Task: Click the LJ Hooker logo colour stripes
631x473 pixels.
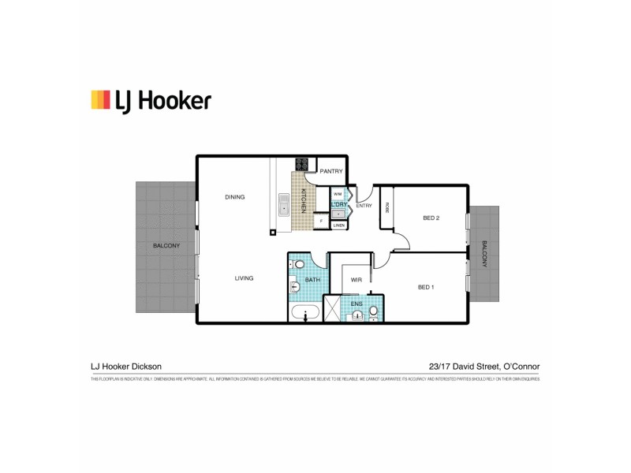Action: point(100,100)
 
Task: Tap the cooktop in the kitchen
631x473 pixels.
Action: point(301,165)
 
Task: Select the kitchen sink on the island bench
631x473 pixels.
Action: point(283,205)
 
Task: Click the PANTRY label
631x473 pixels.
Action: point(331,171)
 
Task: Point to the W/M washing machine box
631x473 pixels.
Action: point(338,194)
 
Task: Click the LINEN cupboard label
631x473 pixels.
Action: point(338,225)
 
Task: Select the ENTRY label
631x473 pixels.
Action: point(364,206)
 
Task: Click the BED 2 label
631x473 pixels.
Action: point(431,218)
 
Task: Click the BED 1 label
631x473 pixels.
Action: point(425,287)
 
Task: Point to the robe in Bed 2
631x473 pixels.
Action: point(386,207)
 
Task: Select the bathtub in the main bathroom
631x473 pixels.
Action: point(304,314)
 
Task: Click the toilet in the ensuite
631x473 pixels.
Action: point(374,313)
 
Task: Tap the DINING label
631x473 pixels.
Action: point(235,197)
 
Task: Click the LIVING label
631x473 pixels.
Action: point(243,278)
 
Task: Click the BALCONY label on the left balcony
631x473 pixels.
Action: point(166,245)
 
